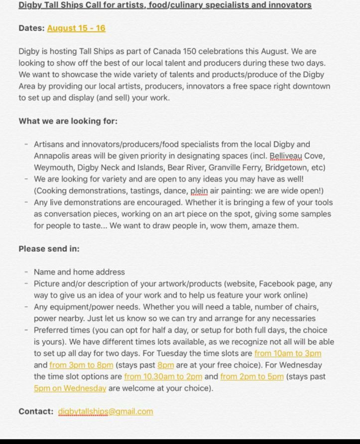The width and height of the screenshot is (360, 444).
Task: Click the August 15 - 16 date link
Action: click(x=76, y=28)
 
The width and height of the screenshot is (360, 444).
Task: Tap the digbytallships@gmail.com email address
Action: click(x=106, y=412)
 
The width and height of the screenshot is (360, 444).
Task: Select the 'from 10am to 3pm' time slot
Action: click(x=287, y=353)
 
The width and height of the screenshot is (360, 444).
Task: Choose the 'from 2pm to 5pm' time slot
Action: click(x=251, y=377)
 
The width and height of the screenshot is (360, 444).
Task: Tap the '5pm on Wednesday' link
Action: click(x=70, y=388)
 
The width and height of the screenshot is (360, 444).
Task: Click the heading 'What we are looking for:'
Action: click(x=68, y=121)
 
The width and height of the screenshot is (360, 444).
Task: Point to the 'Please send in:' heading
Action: click(x=49, y=249)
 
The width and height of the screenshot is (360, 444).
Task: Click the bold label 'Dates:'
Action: click(x=31, y=28)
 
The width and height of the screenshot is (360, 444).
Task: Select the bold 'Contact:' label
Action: click(x=36, y=412)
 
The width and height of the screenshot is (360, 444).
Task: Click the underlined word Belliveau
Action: click(x=285, y=156)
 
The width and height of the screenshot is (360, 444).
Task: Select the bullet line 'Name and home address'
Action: click(x=79, y=272)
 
